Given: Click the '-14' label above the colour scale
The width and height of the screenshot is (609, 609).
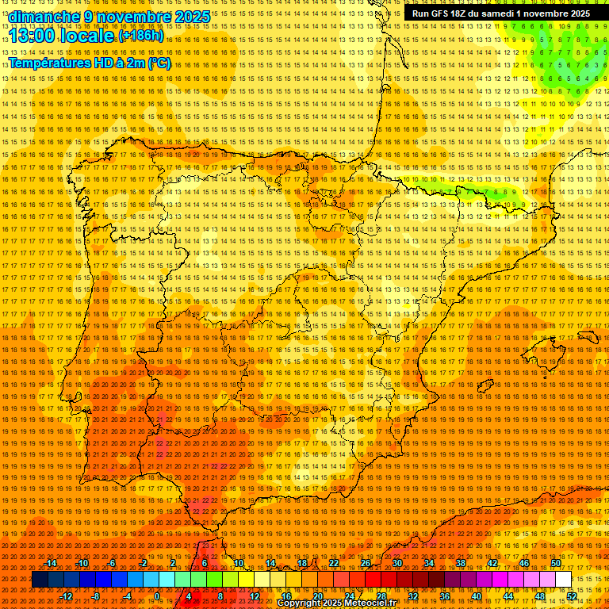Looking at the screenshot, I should [51, 563].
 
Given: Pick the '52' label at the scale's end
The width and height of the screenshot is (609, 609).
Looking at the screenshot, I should [572, 596].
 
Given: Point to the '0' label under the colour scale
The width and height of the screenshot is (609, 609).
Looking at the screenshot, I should [158, 596].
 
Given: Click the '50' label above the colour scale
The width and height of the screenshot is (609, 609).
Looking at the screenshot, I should [555, 563].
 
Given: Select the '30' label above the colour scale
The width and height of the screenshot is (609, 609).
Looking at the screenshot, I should [396, 563].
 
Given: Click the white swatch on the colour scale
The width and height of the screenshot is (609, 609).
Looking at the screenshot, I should [563, 580].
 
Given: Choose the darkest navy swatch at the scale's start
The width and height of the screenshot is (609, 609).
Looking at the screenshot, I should [40, 580].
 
